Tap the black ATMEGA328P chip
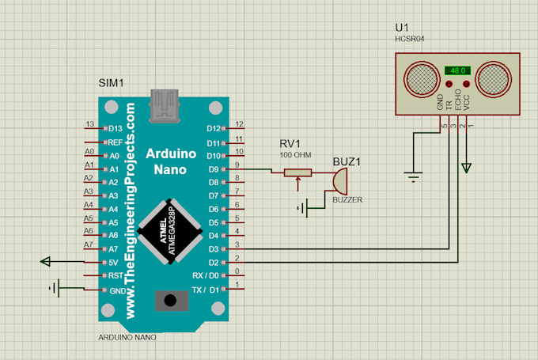(169, 230)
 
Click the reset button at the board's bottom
(169, 300)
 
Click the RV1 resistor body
(298, 172)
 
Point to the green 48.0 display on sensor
(457, 70)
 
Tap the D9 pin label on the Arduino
(213, 169)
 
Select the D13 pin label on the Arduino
(116, 128)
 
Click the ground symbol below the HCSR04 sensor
(412, 175)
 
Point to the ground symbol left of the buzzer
(301, 209)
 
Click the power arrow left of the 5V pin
(46, 262)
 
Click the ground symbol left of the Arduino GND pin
(55, 288)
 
